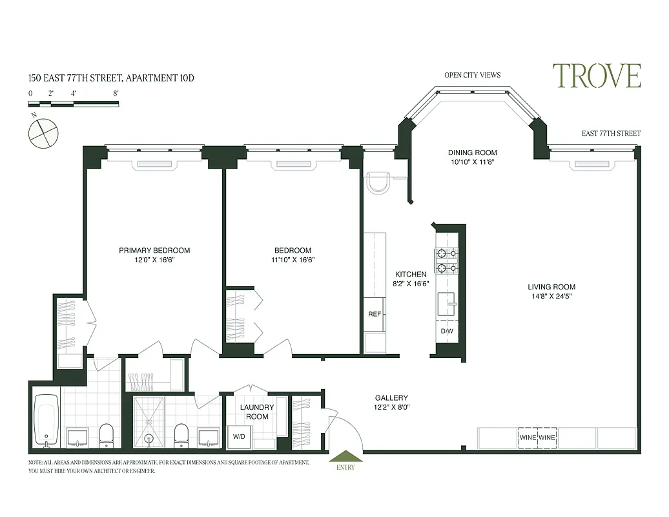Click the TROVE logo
[596, 76]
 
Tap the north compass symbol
[43, 134]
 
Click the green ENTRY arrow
[345, 456]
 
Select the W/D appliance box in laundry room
[239, 437]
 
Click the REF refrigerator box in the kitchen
[374, 314]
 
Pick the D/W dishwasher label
[447, 332]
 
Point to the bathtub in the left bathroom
[46, 419]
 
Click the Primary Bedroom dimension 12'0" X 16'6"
[154, 260]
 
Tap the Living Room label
[551, 287]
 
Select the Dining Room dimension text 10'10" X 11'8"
[473, 163]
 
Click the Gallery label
[391, 398]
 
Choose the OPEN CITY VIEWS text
[472, 75]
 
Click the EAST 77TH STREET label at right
[611, 134]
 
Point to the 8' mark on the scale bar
[116, 93]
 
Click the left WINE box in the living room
[528, 438]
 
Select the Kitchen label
[411, 274]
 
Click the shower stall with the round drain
[149, 421]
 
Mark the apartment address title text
[111, 78]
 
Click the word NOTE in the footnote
[35, 463]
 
